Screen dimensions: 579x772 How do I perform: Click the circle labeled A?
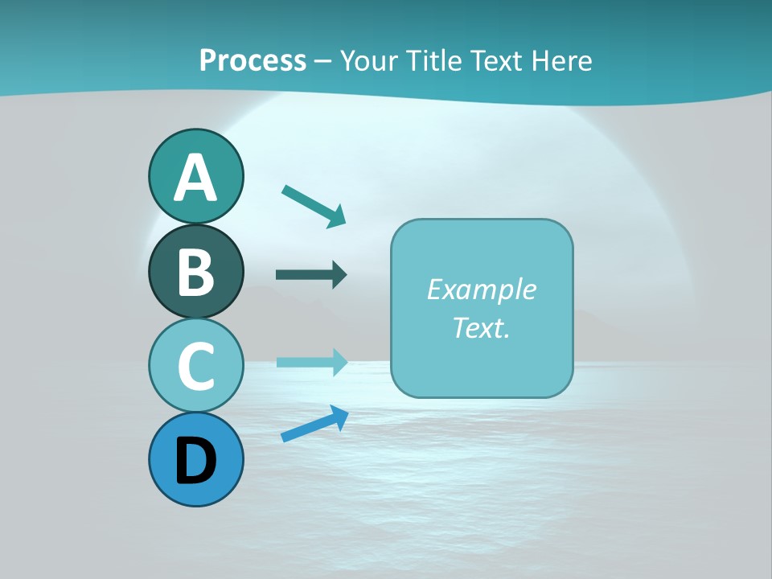coord(195,176)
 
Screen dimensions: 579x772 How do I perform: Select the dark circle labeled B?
coord(195,271)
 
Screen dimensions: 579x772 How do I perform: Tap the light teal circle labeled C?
coord(195,366)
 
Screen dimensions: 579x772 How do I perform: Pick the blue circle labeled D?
coord(195,460)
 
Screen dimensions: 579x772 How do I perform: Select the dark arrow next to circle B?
coord(311,275)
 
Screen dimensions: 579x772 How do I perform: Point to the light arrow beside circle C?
coord(311,362)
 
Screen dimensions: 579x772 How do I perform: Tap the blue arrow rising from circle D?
coord(314,424)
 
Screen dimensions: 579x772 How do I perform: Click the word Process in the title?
coord(253,60)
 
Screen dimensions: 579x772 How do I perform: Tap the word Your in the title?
coord(367,60)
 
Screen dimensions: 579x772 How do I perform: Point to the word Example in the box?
coord(481,289)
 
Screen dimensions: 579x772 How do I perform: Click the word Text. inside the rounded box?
coord(481,327)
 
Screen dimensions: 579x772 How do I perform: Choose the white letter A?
coord(195,178)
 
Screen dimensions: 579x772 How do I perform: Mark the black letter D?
coord(195,461)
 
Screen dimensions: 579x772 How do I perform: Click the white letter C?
coord(195,367)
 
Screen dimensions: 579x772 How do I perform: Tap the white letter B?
coord(195,272)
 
